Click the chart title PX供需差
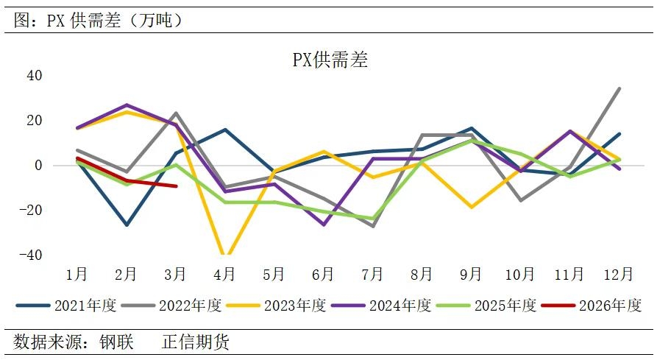[330, 60]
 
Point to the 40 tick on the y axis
[34, 76]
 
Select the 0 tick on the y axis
[38, 166]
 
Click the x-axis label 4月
[224, 275]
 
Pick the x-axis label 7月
[372, 275]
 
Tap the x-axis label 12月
[618, 275]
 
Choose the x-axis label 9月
[470, 275]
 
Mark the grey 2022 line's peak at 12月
[619, 88]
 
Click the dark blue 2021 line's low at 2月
[126, 225]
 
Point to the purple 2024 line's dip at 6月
[323, 225]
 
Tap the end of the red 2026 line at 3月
[176, 186]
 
